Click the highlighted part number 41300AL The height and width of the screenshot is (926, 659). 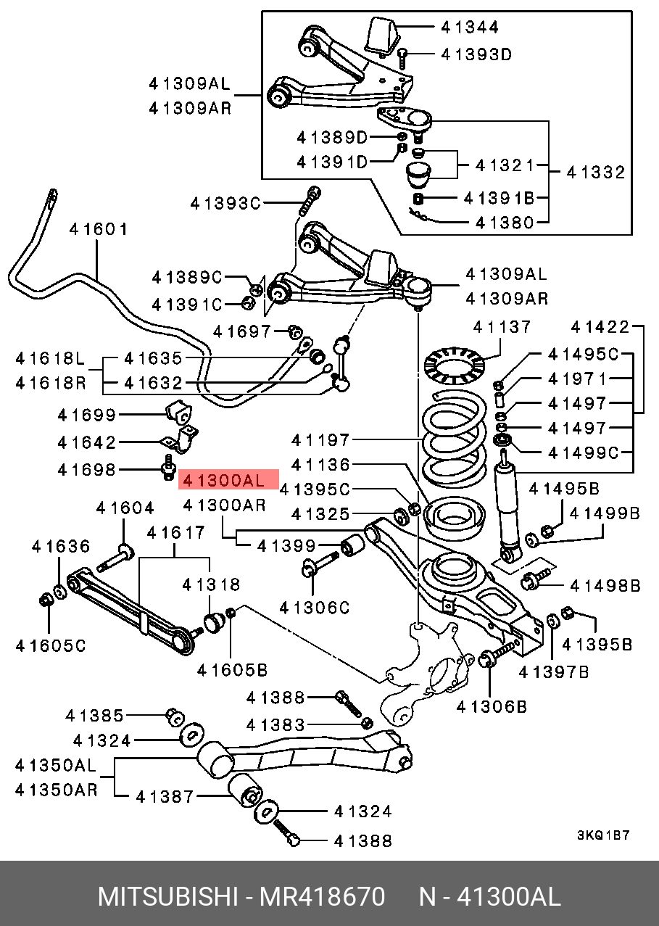(x=228, y=479)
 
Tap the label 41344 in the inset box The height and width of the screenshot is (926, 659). (x=471, y=28)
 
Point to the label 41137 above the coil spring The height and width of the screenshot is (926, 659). (x=502, y=327)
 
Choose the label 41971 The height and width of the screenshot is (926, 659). (x=578, y=379)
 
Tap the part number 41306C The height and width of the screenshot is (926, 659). (x=315, y=608)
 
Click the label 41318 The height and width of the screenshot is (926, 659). (x=211, y=584)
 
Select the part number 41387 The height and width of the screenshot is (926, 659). (x=165, y=797)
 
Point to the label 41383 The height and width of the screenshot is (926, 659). (x=275, y=724)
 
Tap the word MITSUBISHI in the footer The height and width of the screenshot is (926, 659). (x=168, y=897)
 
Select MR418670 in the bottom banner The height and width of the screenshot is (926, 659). (x=323, y=897)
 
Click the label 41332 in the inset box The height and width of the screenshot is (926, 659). (x=596, y=173)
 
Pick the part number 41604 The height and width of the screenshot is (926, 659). (x=125, y=508)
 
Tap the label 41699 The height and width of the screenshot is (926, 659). (x=87, y=415)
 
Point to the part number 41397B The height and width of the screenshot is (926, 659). (x=554, y=673)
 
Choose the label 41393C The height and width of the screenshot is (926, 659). (x=225, y=204)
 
